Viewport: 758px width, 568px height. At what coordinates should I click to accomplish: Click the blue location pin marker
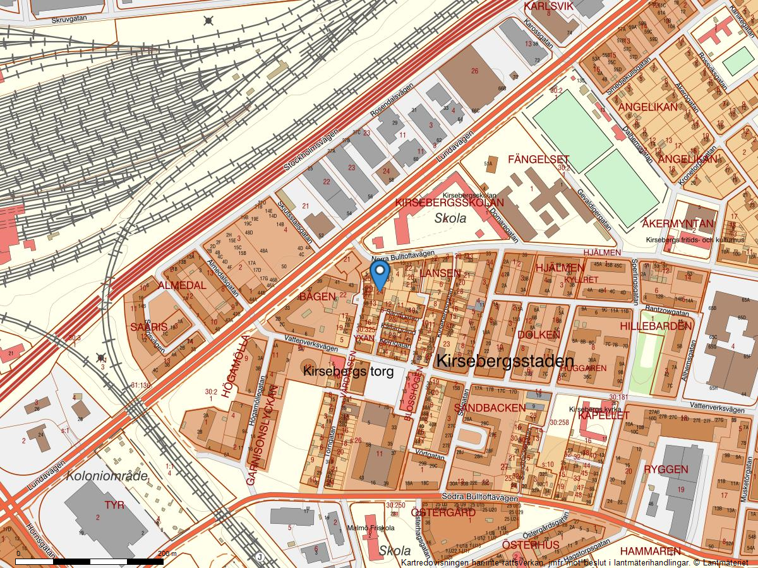tap(379, 275)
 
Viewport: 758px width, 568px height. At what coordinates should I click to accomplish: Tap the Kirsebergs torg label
tap(348, 372)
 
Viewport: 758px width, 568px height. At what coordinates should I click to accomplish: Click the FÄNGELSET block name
tap(538, 159)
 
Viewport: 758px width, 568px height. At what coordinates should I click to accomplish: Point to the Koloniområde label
tap(107, 476)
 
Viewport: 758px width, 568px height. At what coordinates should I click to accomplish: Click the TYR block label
tap(114, 505)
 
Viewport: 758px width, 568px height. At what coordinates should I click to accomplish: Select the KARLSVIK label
tap(548, 6)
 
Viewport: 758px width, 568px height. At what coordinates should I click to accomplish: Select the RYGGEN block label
tap(666, 470)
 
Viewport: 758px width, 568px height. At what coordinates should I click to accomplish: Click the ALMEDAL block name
tap(182, 285)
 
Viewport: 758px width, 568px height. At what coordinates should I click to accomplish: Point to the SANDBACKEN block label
tap(490, 408)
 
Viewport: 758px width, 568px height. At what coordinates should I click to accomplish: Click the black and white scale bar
tap(89, 560)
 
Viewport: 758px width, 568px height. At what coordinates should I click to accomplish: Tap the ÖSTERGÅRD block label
tap(443, 512)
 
